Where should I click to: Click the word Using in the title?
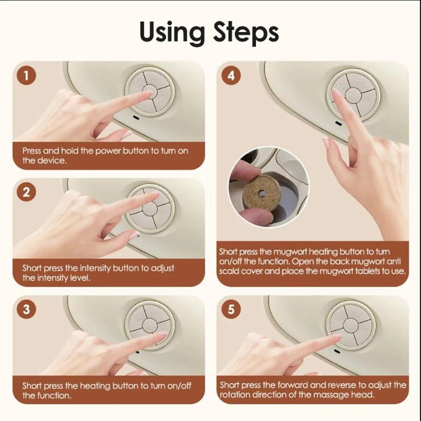click(x=173, y=33)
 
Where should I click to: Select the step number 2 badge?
click(x=27, y=192)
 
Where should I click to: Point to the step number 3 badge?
click(x=27, y=309)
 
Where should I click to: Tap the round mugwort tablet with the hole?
click(x=261, y=193)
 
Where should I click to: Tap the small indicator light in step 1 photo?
click(x=136, y=118)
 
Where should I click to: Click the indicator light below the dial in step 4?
click(x=338, y=123)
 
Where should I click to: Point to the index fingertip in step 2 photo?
click(x=155, y=194)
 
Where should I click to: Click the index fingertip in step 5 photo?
click(x=337, y=336)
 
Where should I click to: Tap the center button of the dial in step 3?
click(x=149, y=324)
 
